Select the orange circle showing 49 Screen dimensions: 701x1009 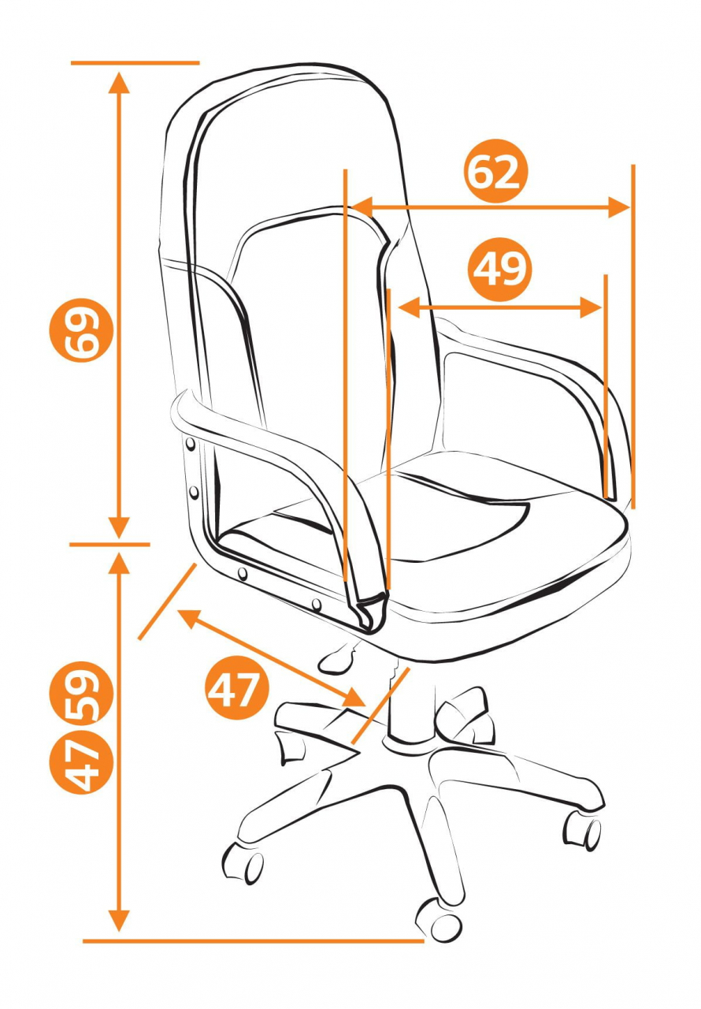tap(500, 270)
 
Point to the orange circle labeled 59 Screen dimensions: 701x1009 tap(81, 693)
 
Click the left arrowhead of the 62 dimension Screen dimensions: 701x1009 tap(362, 207)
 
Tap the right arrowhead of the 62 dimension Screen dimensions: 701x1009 tap(619, 207)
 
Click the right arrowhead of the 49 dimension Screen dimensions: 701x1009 tap(592, 307)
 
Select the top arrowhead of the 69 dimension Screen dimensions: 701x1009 tap(119, 83)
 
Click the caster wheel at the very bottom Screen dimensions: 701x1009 tap(439, 919)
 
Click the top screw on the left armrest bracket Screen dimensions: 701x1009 tap(191, 445)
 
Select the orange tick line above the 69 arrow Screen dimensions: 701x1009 tap(135, 62)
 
